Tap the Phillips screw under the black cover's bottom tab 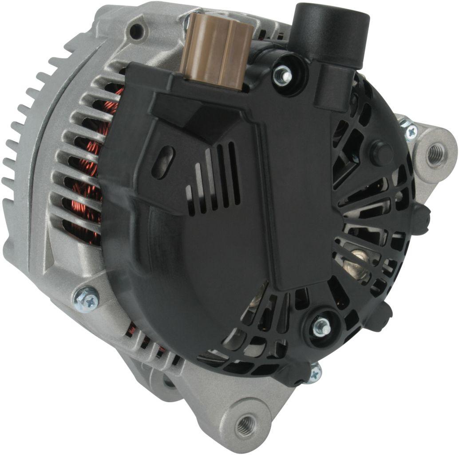(x=314, y=374)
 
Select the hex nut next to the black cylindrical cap (x=282, y=76)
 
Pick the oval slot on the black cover (x=163, y=162)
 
